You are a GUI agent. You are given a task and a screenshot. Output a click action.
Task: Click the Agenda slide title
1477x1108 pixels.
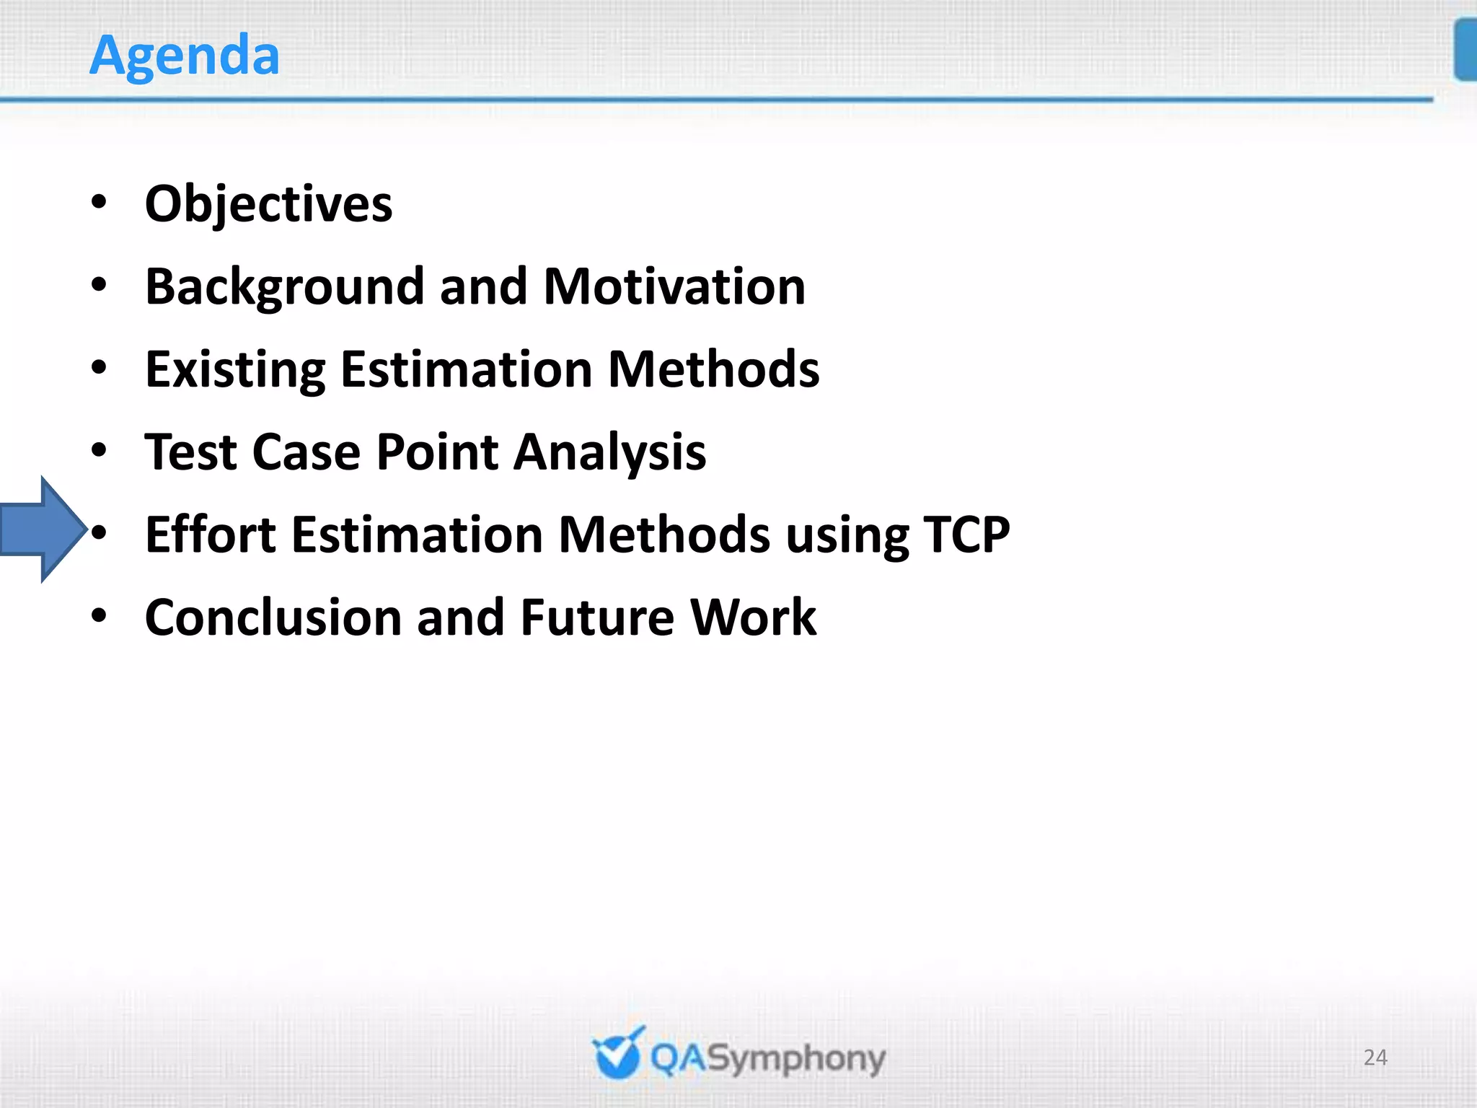(x=185, y=56)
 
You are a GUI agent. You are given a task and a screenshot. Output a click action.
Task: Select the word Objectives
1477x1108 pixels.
(x=268, y=204)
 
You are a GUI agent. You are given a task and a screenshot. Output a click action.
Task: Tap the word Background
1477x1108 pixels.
(x=283, y=287)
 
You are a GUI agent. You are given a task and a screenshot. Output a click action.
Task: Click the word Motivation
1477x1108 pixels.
(x=674, y=287)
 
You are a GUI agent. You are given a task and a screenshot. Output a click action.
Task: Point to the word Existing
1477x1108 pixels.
(x=235, y=370)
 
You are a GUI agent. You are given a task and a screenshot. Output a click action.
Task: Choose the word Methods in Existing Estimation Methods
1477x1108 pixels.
(x=713, y=370)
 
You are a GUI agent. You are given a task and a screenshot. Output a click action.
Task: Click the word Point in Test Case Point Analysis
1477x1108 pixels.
(x=437, y=452)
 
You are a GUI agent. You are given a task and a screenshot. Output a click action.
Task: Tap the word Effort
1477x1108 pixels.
(x=210, y=535)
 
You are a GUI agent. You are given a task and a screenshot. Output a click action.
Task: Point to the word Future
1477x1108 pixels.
(x=597, y=618)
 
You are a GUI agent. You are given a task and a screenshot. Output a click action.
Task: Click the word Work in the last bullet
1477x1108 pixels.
(x=753, y=618)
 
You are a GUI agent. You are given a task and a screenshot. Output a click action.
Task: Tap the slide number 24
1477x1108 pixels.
(x=1375, y=1058)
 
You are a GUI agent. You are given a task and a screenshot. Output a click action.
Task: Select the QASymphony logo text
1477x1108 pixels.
(x=767, y=1059)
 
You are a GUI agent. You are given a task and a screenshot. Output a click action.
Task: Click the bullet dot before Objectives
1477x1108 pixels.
(x=100, y=203)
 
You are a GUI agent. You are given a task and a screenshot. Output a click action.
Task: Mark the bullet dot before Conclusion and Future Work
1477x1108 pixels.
(x=100, y=617)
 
